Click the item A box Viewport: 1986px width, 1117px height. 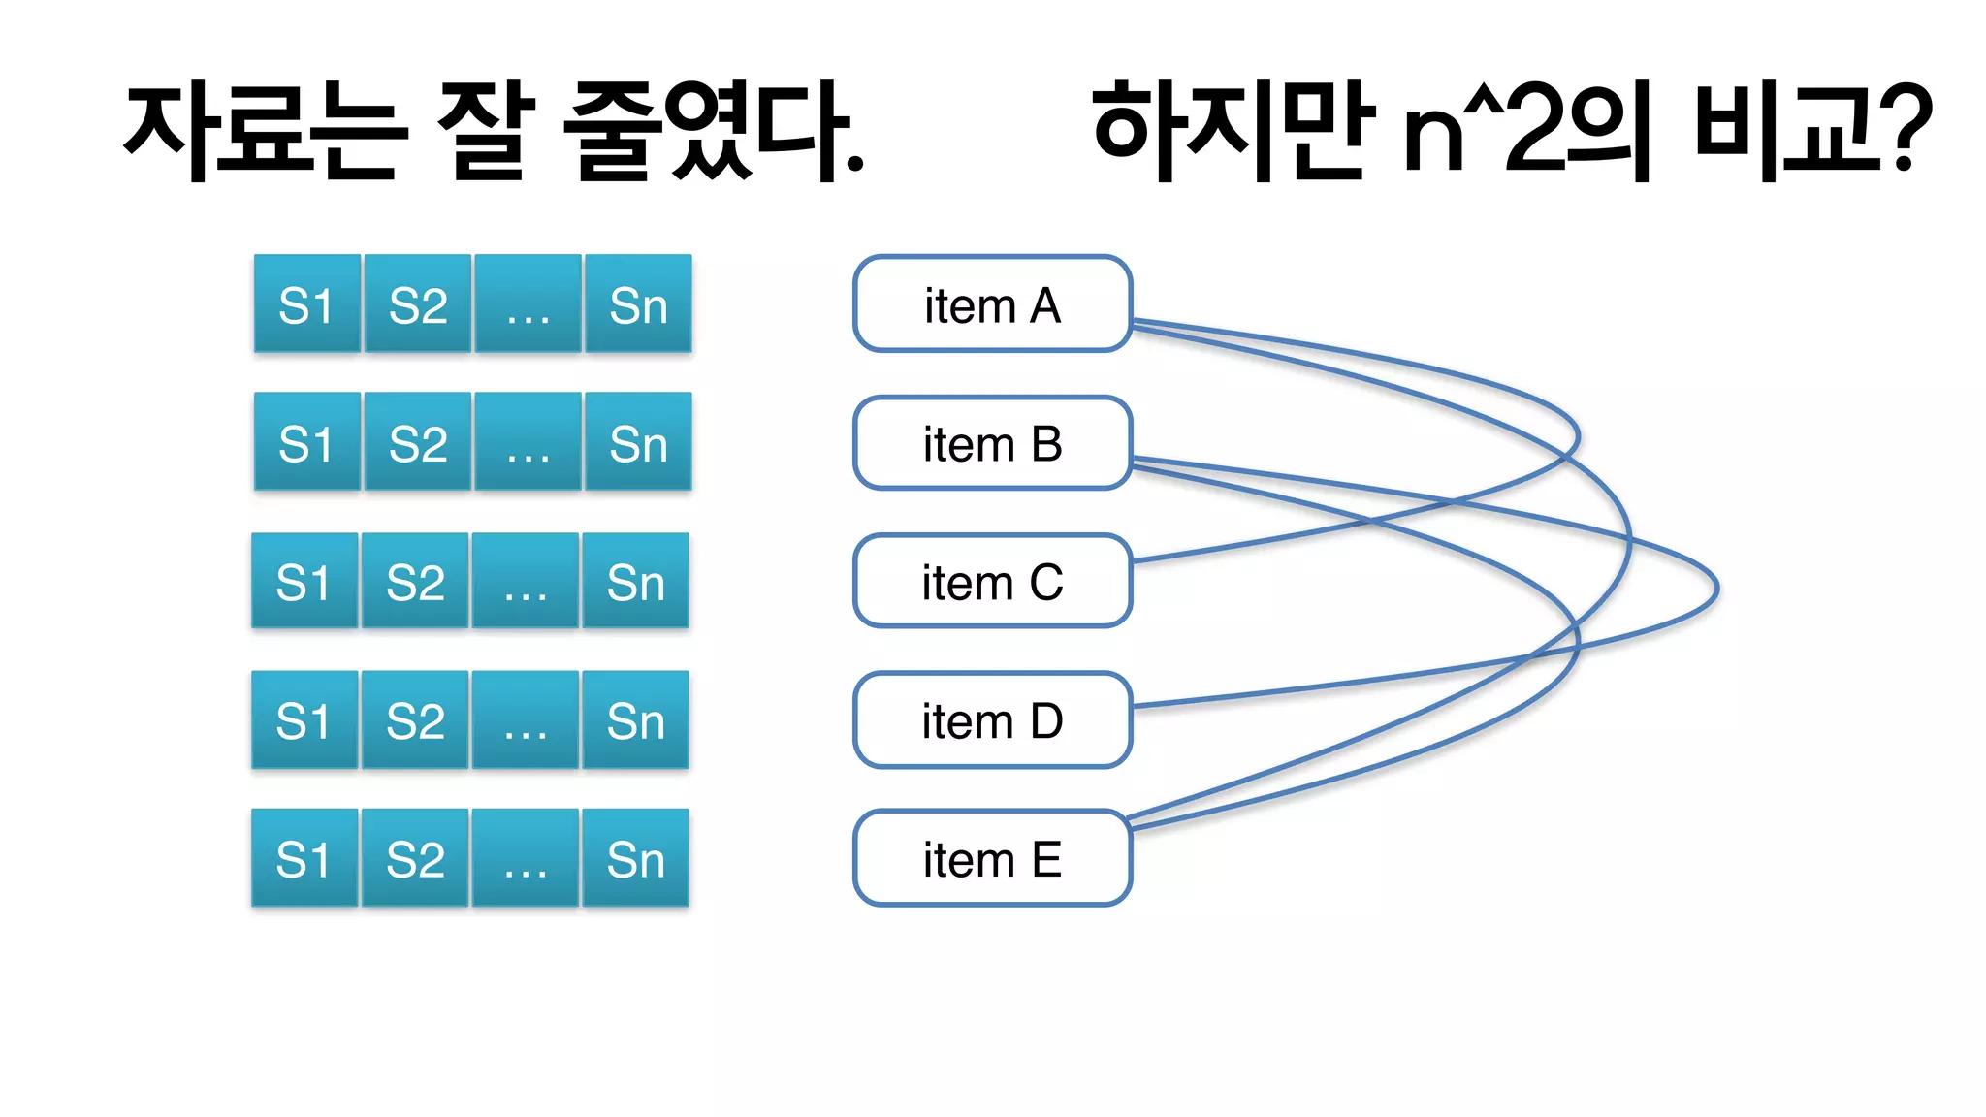[x=992, y=304]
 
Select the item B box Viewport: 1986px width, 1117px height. [x=992, y=443]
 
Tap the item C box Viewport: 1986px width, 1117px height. [x=992, y=582]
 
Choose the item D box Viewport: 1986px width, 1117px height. [x=992, y=720]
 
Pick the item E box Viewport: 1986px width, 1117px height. [x=992, y=859]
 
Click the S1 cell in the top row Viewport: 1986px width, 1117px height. [x=306, y=304]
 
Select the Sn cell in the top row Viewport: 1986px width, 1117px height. [x=638, y=304]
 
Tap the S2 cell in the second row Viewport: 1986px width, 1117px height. [x=417, y=443]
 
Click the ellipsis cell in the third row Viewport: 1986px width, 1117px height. [x=525, y=582]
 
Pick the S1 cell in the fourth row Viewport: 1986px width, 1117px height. [x=304, y=720]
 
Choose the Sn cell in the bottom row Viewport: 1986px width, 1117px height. [x=635, y=859]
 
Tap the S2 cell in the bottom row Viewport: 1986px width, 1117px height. [x=415, y=859]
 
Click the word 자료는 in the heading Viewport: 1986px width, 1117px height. [x=260, y=131]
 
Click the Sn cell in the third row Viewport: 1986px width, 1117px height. [x=635, y=582]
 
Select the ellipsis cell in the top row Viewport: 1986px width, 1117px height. [x=528, y=304]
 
